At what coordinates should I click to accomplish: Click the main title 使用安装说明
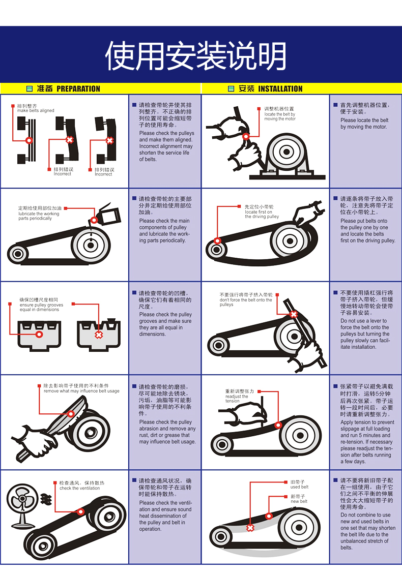click(x=196, y=56)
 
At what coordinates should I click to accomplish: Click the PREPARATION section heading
click(x=78, y=89)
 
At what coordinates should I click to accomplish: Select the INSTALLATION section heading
click(x=280, y=89)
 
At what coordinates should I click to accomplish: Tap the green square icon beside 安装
click(x=231, y=89)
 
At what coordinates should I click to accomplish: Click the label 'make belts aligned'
click(x=36, y=110)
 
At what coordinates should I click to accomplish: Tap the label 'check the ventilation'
click(x=79, y=488)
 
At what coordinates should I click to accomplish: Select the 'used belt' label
click(x=299, y=487)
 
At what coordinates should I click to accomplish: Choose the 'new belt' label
click(x=299, y=501)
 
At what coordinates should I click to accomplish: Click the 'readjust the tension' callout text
click(x=237, y=397)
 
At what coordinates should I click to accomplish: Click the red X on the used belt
click(x=250, y=528)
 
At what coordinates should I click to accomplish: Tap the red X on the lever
click(x=294, y=314)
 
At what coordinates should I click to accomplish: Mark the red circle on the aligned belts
click(x=29, y=140)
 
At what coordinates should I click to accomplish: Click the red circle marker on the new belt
click(x=269, y=516)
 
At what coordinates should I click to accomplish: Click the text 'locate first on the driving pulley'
click(x=262, y=214)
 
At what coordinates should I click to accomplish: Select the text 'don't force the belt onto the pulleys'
click(x=246, y=300)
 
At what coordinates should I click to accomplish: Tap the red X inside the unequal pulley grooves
click(x=99, y=335)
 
